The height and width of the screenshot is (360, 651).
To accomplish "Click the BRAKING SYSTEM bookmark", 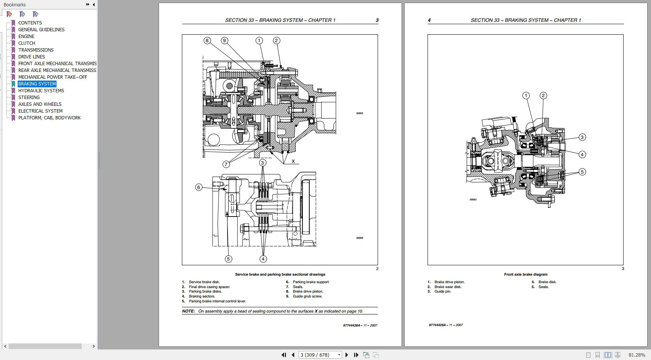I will (x=37, y=84).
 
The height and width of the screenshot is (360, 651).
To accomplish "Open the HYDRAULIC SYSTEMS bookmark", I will (x=41, y=91).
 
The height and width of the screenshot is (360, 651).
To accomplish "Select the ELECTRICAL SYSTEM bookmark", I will (x=40, y=111).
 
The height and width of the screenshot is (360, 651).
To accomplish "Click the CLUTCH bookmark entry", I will (x=26, y=43).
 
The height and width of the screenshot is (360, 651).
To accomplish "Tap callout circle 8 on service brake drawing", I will (x=207, y=40).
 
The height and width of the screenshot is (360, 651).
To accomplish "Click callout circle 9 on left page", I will (x=225, y=40).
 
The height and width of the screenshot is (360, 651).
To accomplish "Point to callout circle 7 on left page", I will (x=226, y=164).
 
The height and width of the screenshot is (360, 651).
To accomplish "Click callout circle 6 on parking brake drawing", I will (x=199, y=187).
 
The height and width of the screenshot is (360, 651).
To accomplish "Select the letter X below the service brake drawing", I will (x=293, y=161).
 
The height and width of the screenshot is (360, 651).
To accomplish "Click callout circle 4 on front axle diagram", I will (x=582, y=154).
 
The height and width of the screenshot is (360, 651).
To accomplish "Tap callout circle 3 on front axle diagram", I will (x=582, y=137).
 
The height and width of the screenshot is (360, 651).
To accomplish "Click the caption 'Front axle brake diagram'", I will (x=526, y=275).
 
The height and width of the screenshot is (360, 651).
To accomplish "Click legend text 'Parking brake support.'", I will (x=311, y=282).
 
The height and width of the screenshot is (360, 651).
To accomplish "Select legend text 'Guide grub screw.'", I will (x=307, y=296).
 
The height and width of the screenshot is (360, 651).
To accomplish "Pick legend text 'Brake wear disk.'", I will (x=448, y=287).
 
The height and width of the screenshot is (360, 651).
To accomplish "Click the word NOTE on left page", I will (x=188, y=311).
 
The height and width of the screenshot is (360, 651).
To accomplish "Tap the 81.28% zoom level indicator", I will (x=637, y=355).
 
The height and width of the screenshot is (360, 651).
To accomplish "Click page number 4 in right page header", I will (x=429, y=20).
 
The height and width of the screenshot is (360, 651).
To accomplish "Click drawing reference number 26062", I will (x=473, y=200).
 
